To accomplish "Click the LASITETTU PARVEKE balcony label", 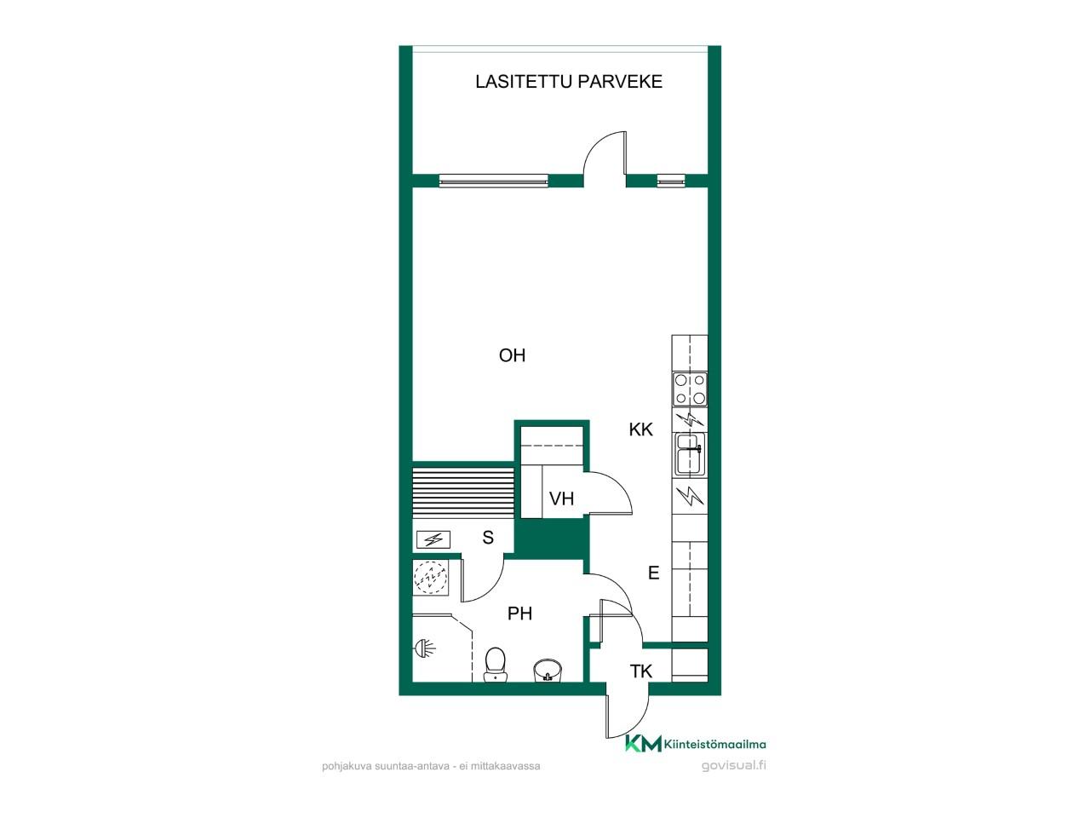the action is (569, 82).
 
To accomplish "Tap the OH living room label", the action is (512, 355).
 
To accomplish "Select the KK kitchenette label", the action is (640, 429).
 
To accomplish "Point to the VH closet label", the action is (562, 498).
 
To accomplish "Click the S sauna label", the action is (488, 538).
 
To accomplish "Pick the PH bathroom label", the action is (520, 613).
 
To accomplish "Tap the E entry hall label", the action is (653, 573).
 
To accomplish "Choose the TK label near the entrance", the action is (640, 671).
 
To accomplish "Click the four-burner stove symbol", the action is (690, 389).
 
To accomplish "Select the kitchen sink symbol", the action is (690, 454).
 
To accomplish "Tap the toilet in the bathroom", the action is (495, 664).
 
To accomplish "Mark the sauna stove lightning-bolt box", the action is (433, 539).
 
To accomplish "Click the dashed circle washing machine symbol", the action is (431, 577).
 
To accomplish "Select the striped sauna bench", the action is (462, 492).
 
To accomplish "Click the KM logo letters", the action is (644, 744).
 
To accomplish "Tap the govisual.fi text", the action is (733, 765).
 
